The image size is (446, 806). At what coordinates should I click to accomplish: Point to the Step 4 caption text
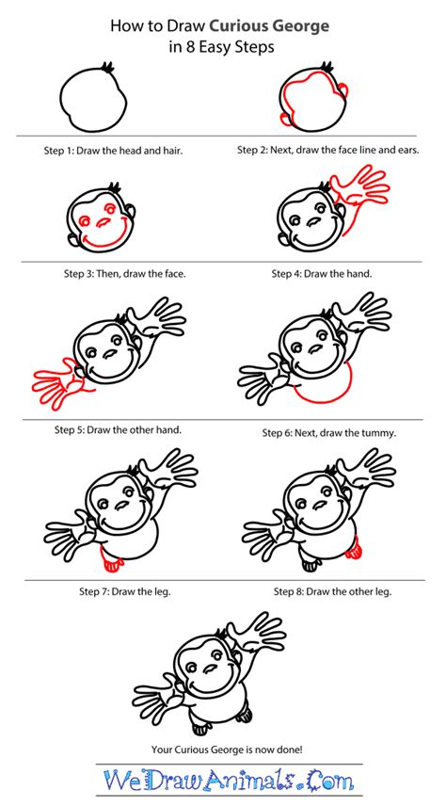pyautogui.click(x=322, y=274)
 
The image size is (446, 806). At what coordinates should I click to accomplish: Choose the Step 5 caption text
pyautogui.click(x=118, y=429)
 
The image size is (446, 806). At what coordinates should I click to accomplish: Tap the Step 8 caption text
pyautogui.click(x=331, y=590)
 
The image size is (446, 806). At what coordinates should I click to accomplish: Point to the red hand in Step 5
pyautogui.click(x=59, y=384)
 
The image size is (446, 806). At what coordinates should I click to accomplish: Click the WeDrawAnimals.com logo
pyautogui.click(x=223, y=782)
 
